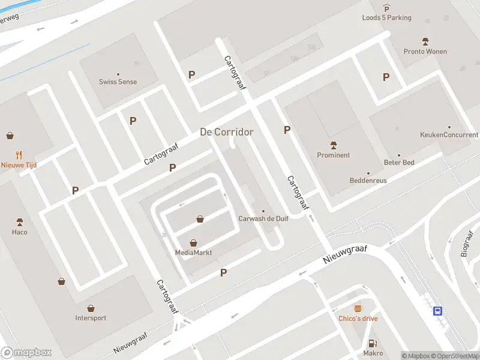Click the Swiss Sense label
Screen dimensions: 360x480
[118, 82]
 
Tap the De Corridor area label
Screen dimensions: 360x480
[226, 132]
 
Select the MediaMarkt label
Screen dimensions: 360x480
[193, 253]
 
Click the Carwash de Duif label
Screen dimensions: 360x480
[263, 219]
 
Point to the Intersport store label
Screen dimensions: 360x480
[91, 318]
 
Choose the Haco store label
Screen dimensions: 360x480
[19, 232]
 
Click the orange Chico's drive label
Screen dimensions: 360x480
[358, 319]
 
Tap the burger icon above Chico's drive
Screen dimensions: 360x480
[358, 308]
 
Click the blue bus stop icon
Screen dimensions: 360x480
[439, 311]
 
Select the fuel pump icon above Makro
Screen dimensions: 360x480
[373, 343]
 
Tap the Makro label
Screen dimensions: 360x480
[373, 353]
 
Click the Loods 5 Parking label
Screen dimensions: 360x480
[386, 18]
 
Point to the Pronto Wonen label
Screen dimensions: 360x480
[425, 52]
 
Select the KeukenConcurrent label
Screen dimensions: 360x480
[449, 135]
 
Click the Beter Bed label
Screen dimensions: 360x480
[398, 163]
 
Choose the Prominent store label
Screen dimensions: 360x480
[333, 155]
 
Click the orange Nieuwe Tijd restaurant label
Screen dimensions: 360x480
[18, 165]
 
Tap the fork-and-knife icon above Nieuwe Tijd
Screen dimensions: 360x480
[19, 154]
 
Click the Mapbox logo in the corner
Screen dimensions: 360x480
[26, 353]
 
